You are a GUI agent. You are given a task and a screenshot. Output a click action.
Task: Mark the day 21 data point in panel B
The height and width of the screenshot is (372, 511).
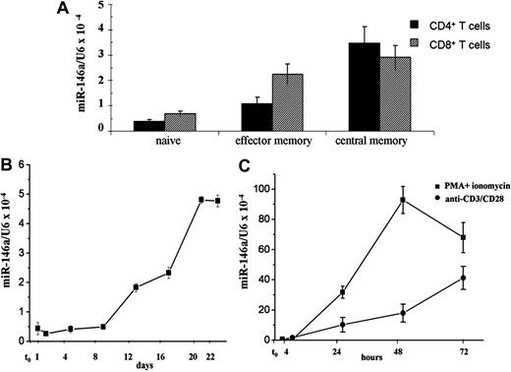point(200,200)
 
